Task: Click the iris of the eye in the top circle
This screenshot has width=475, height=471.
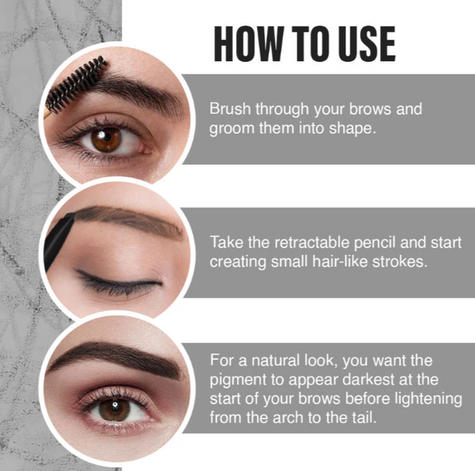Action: pos(105,140)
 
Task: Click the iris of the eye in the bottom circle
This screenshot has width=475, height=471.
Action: pos(114,408)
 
